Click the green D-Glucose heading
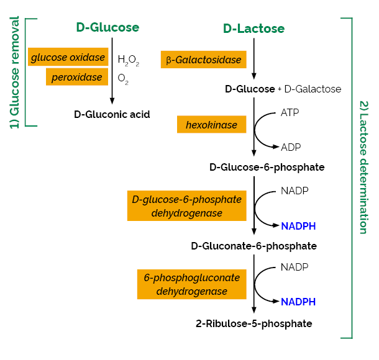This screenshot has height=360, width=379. (107, 27)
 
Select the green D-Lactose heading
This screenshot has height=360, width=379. (253, 29)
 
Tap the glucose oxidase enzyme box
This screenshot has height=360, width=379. (68, 58)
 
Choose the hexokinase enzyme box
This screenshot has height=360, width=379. (211, 125)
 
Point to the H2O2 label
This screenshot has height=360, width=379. (128, 60)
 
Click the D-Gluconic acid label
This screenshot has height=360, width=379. (112, 114)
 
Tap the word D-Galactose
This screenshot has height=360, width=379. (313, 89)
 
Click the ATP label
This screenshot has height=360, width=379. (290, 112)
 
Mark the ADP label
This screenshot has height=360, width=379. (291, 147)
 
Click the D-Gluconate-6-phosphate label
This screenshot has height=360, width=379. (253, 246)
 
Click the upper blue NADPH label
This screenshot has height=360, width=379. (298, 226)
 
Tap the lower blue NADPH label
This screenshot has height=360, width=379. (298, 302)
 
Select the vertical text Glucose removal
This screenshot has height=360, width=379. (14, 72)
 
